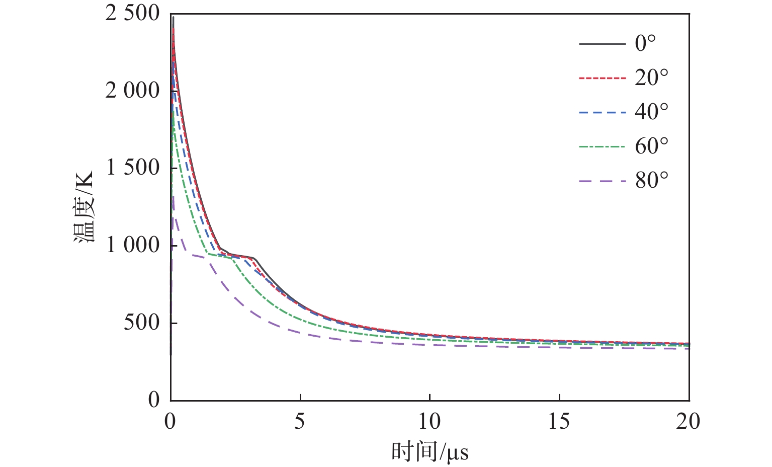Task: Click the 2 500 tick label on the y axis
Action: click(132, 14)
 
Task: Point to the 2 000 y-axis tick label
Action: click(132, 91)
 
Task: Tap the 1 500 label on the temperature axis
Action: click(132, 168)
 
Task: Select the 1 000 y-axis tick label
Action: click(132, 246)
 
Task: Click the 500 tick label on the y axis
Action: click(141, 323)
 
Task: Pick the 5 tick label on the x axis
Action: click(300, 422)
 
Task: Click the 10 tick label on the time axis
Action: click(429, 422)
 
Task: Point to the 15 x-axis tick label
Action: click(559, 422)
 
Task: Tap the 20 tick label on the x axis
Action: click(688, 422)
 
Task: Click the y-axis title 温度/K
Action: click(84, 207)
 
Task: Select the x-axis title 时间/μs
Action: click(430, 452)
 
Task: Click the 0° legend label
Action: click(645, 43)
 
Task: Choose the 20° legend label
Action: click(651, 78)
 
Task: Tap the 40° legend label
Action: click(651, 112)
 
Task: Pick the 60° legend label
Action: click(651, 146)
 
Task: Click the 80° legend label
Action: click(651, 181)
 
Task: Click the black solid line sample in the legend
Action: click(602, 44)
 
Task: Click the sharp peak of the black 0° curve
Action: click(173, 18)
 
